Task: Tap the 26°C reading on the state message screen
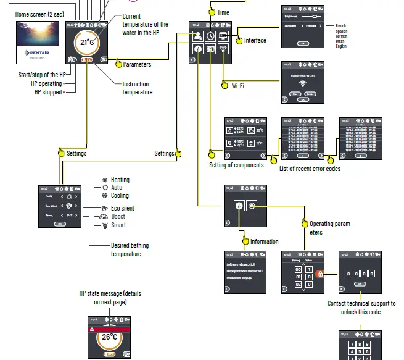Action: click(109, 338)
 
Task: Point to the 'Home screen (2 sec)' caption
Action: click(39, 14)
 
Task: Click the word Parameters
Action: click(137, 64)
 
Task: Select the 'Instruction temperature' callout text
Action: click(138, 88)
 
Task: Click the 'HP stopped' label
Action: click(47, 91)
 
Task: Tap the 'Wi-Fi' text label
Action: click(238, 86)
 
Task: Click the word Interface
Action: click(255, 40)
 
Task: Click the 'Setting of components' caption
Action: click(236, 165)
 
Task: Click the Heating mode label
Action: click(120, 180)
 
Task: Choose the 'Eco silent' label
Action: click(123, 208)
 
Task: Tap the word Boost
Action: click(118, 217)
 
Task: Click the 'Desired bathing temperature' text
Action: click(130, 249)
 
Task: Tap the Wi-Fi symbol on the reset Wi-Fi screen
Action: click(302, 83)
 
